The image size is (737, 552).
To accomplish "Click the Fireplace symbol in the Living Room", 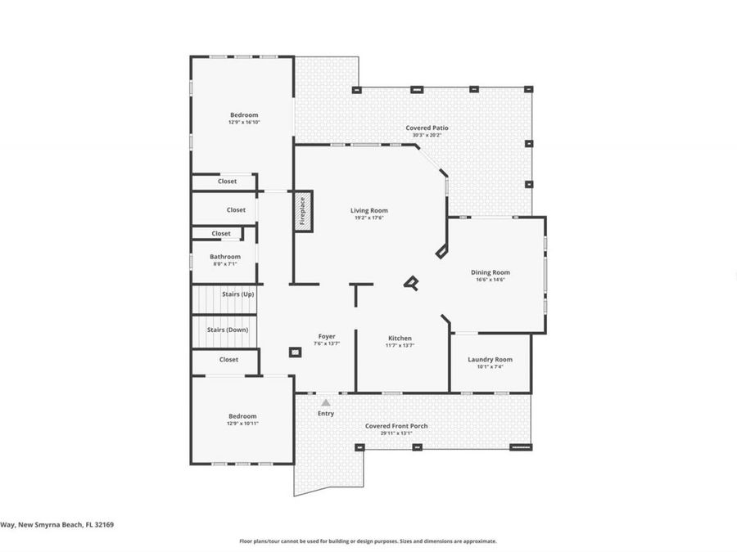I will (302, 211).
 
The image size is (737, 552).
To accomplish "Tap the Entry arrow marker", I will (326, 402).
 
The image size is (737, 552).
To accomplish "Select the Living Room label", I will (368, 210).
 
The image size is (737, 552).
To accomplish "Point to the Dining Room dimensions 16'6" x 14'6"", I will (490, 280).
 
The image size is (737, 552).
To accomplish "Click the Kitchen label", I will (400, 338).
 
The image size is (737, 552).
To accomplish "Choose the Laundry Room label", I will (490, 359).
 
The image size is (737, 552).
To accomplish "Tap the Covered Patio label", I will (427, 128).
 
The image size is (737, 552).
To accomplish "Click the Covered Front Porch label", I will (396, 425).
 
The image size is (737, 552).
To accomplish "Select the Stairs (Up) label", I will (237, 293).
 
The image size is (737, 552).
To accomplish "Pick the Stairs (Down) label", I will (228, 330).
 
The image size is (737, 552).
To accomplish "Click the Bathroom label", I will (225, 257).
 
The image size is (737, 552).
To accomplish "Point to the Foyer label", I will (326, 336).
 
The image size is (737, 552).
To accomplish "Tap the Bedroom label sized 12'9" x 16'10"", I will (244, 115).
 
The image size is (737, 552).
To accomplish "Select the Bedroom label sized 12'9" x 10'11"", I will (242, 416).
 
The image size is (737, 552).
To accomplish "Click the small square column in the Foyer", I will (295, 352).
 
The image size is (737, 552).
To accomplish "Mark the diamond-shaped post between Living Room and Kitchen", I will (411, 284).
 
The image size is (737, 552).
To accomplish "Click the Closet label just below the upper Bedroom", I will (228, 182).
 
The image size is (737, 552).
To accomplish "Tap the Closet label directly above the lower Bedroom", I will (228, 359).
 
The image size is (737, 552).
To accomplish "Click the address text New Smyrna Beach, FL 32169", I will (57, 525).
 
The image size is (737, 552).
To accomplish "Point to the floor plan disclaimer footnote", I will (368, 541).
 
